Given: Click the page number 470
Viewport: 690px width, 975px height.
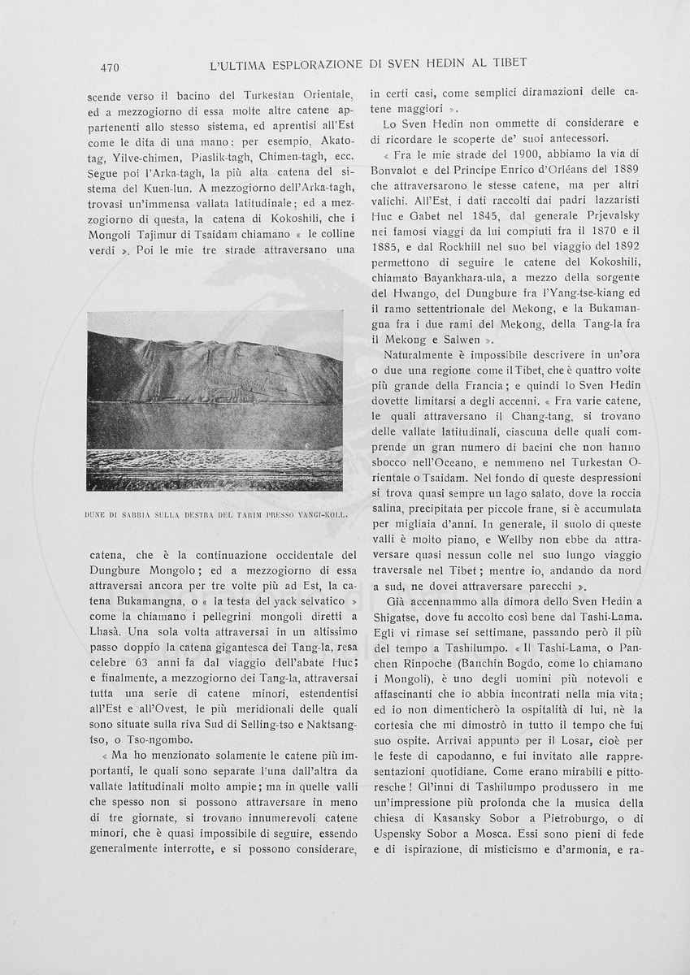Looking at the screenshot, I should click(x=106, y=67).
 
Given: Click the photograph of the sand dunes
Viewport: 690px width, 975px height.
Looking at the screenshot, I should click(x=215, y=401).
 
